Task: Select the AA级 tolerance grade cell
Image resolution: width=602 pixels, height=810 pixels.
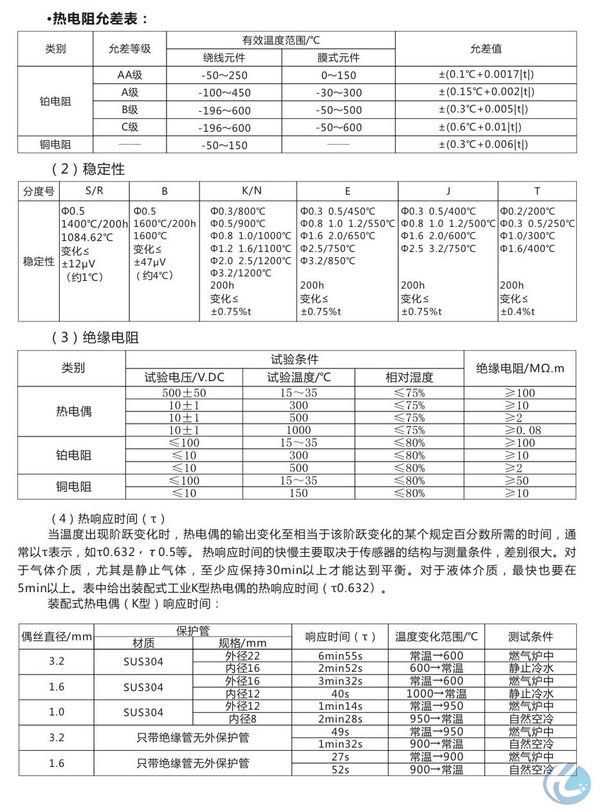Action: click(130, 75)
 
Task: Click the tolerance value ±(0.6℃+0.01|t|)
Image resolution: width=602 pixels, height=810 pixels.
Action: click(486, 127)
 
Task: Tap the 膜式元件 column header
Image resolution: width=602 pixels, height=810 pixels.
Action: click(338, 58)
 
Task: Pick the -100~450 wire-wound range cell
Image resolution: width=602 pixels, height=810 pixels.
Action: click(224, 93)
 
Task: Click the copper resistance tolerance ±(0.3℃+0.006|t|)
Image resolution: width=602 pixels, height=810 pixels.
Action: click(486, 145)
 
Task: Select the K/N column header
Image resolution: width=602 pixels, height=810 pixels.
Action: click(251, 191)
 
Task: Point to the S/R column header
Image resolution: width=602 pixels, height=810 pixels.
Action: click(94, 191)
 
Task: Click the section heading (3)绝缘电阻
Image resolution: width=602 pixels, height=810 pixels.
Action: click(95, 337)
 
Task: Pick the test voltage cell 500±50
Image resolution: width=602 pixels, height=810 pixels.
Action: click(184, 393)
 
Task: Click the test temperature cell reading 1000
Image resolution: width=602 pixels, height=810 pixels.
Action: click(298, 430)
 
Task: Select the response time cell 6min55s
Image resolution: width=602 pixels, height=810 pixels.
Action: click(340, 656)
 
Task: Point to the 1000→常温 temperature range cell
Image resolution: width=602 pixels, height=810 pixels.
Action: click(436, 694)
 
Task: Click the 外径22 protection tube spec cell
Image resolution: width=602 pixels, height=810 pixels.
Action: click(242, 656)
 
